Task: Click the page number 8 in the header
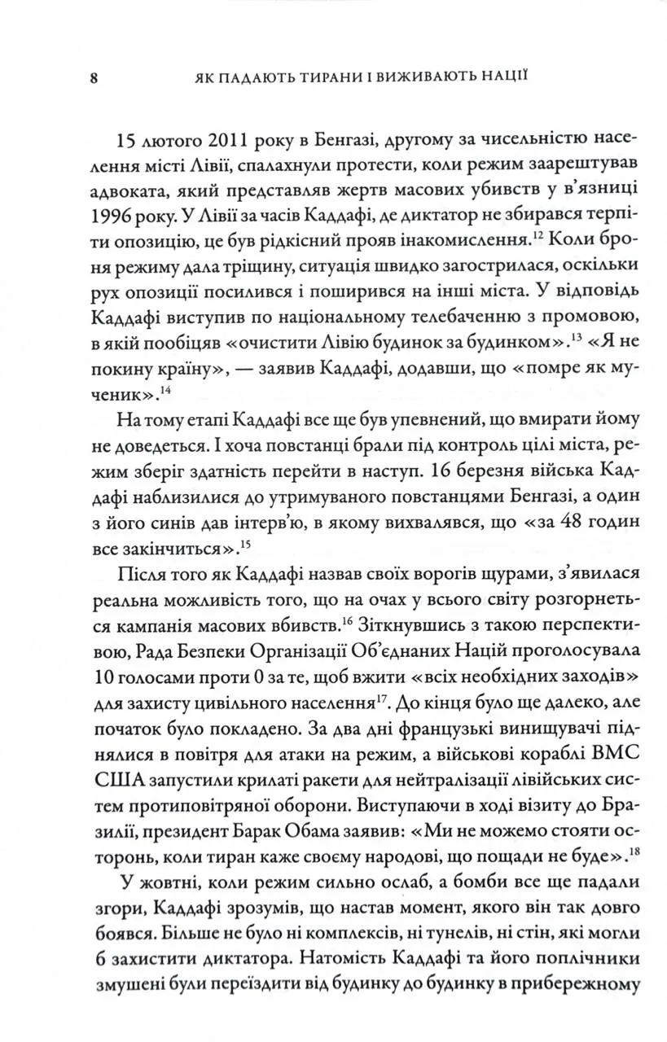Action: click(x=94, y=79)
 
